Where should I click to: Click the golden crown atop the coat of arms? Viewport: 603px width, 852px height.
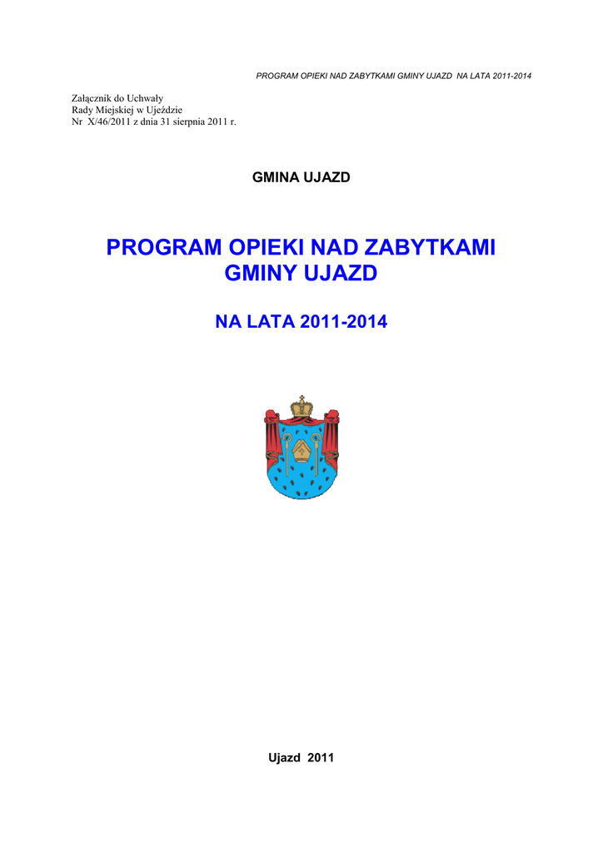click(x=301, y=409)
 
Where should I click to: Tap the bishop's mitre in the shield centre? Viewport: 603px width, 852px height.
click(x=301, y=451)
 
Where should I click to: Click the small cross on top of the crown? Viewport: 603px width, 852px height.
click(x=301, y=397)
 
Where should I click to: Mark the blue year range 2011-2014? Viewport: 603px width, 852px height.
click(x=346, y=322)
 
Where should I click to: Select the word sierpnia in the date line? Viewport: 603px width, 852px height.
click(x=195, y=122)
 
